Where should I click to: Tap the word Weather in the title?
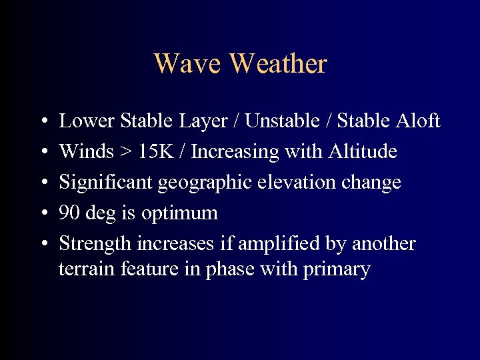click(278, 64)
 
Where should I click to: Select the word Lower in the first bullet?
click(87, 121)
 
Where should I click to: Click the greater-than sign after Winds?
click(125, 153)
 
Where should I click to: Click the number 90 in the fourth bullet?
click(68, 213)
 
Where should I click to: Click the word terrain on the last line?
click(83, 269)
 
